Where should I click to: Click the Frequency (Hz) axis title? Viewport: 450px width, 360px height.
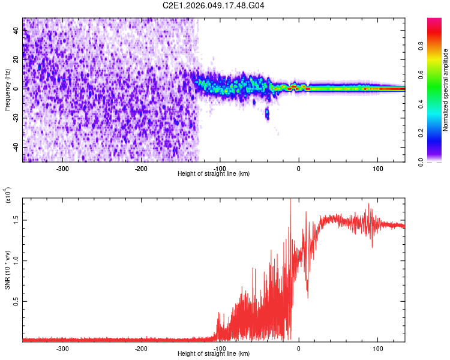pos(7,90)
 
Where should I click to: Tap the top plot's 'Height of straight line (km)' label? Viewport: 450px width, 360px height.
pos(214,173)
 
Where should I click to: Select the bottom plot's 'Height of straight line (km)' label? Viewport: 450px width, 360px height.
pos(214,353)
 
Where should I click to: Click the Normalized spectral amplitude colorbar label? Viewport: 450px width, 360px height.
pos(446,90)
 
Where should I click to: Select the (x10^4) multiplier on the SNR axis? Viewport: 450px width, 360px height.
pos(8,196)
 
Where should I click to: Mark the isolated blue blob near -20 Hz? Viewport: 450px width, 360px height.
pos(267,113)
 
